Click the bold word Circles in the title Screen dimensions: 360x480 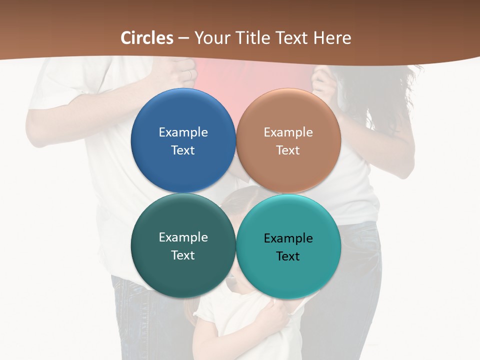coord(147,38)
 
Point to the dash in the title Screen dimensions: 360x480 coord(183,38)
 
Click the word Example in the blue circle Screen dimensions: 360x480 coord(183,132)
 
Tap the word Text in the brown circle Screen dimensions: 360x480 coord(288,150)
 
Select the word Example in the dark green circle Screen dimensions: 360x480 coord(183,237)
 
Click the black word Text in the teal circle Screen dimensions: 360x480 coord(288,256)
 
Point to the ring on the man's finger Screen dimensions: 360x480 coord(189,74)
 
